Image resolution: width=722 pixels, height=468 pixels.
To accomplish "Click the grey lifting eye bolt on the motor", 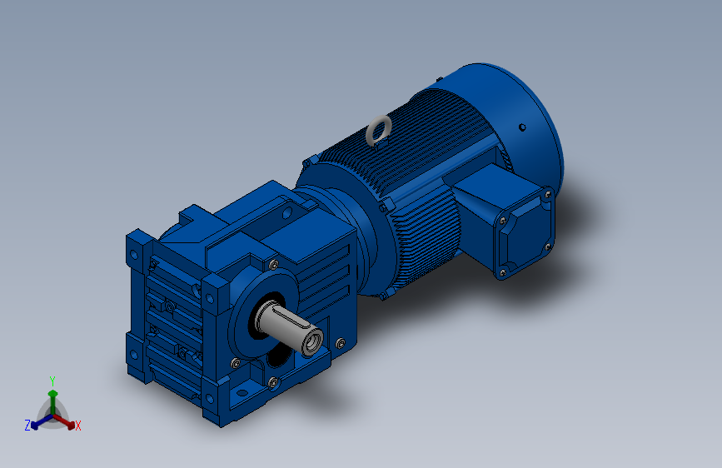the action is click(378, 131).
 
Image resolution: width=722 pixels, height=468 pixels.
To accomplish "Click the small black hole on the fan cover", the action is click(522, 127).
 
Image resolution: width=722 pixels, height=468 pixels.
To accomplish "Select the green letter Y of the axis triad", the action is click(52, 381).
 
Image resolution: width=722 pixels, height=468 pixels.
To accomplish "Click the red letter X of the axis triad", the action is click(77, 426).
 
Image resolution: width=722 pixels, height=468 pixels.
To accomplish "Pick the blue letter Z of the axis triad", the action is click(27, 426).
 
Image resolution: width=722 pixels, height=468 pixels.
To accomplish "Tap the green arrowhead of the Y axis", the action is click(53, 394).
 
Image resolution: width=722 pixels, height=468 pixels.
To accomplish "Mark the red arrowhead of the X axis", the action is click(71, 426).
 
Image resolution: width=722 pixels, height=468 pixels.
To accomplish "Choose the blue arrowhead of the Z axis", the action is click(35, 426).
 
